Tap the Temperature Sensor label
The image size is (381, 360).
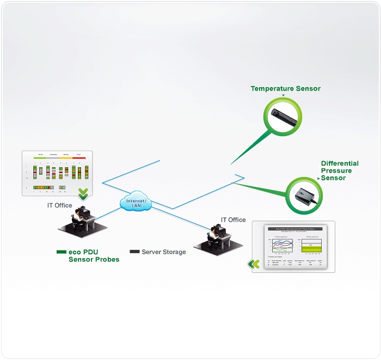pos(285,88)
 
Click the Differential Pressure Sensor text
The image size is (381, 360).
pos(340,170)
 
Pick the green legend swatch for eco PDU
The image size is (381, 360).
pos(61,252)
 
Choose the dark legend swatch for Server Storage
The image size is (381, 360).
pos(134,252)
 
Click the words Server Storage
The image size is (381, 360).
pos(163,252)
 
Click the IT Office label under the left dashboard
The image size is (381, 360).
pos(59,205)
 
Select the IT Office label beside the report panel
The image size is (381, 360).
pos(233,220)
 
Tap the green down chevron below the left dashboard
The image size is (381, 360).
pos(83,193)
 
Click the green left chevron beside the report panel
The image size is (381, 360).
pos(253,264)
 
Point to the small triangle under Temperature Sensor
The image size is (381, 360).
pos(283,95)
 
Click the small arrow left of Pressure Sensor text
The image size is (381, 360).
pos(318,178)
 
